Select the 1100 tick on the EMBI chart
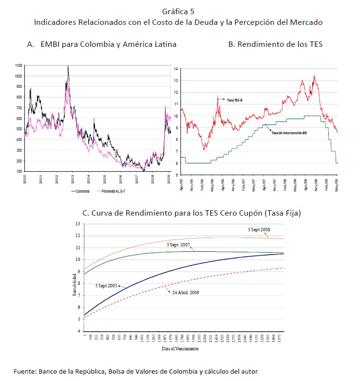(x=19, y=65)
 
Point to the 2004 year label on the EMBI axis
(x=89, y=179)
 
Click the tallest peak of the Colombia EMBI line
(x=68, y=66)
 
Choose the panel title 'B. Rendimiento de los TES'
(x=275, y=44)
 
